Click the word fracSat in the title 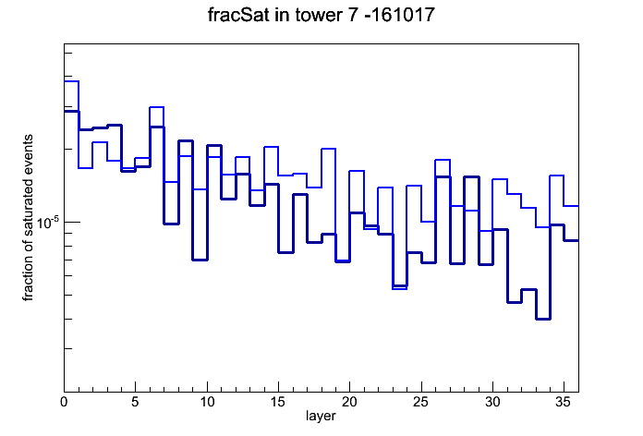click(238, 15)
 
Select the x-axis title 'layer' click(321, 416)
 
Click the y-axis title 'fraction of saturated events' click(28, 218)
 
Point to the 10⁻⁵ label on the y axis click(48, 223)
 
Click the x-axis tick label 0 click(64, 402)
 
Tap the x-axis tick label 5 click(135, 402)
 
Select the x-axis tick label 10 click(207, 402)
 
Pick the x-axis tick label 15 click(278, 402)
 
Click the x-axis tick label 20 click(349, 402)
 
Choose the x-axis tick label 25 click(420, 402)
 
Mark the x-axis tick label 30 click(492, 402)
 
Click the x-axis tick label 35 click(564, 402)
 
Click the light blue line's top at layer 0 click(71, 81)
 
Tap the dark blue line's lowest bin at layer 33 click(542, 319)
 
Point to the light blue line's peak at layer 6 click(157, 107)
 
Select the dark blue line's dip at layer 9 click(200, 260)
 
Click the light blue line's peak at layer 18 click(329, 149)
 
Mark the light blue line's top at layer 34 click(557, 176)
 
